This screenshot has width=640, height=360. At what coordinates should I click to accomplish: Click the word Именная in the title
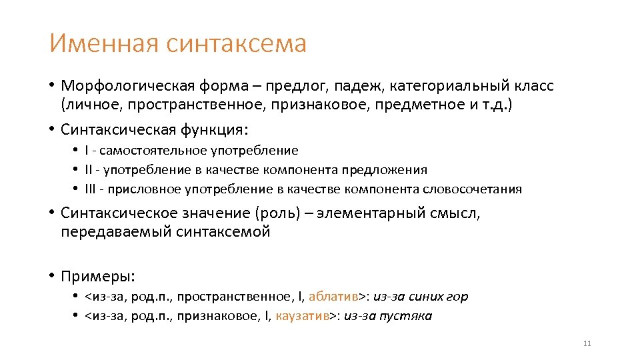[104, 44]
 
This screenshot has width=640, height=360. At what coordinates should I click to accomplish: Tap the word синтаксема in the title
[237, 44]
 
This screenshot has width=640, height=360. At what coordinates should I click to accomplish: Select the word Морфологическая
[127, 86]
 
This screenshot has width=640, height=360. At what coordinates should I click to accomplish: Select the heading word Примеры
[97, 275]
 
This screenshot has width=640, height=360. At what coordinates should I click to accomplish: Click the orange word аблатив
[333, 297]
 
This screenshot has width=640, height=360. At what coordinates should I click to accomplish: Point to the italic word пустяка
[405, 316]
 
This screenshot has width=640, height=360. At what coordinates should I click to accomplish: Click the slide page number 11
[587, 343]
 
